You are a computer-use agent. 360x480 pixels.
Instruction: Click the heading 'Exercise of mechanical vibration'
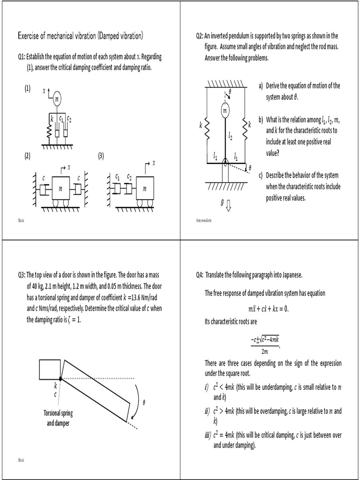pyautogui.click(x=80, y=36)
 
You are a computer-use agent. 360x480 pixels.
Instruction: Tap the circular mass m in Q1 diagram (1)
pyautogui.click(x=57, y=99)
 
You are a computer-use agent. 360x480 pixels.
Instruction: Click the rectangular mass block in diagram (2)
pyautogui.click(x=60, y=189)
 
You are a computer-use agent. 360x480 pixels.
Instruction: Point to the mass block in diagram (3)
pyautogui.click(x=145, y=189)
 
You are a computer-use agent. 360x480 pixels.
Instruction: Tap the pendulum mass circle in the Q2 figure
pyautogui.click(x=225, y=110)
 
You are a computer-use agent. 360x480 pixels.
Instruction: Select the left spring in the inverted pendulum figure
pyautogui.click(x=207, y=126)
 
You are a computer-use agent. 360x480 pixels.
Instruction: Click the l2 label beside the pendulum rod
pyautogui.click(x=231, y=136)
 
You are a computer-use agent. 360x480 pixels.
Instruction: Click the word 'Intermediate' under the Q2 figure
pyautogui.click(x=204, y=220)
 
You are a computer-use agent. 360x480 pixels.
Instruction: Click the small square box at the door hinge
pyautogui.click(x=50, y=369)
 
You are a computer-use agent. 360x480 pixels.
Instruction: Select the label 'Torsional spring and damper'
pyautogui.click(x=58, y=418)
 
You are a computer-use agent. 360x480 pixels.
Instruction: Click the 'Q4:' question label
pyautogui.click(x=200, y=275)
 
